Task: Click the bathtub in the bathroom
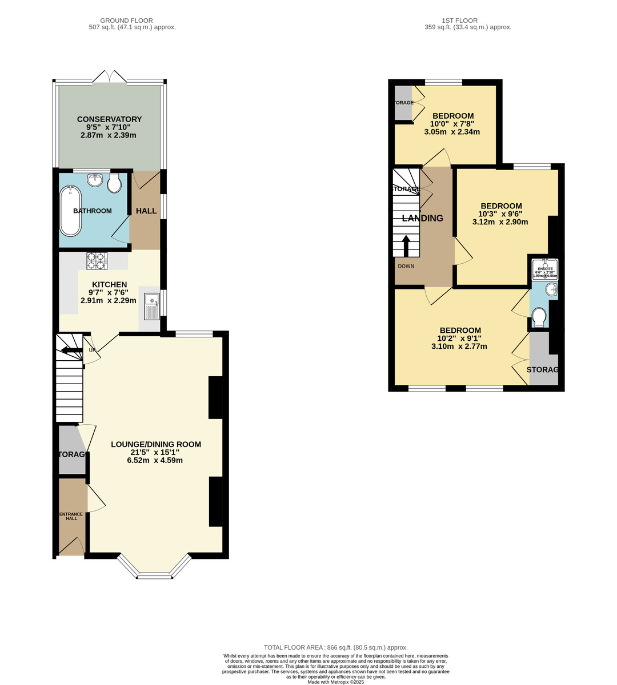(71, 211)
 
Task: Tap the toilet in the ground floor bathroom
(115, 183)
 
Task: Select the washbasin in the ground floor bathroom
(95, 180)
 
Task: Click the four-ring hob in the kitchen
(97, 261)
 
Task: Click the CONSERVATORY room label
(109, 119)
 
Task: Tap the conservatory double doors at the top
(109, 78)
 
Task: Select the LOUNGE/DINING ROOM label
(156, 444)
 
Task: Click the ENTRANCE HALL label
(71, 516)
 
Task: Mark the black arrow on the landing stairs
(406, 246)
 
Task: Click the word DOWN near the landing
(406, 266)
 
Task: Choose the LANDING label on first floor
(423, 218)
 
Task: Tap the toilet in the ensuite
(539, 316)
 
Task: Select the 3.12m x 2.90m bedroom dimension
(500, 222)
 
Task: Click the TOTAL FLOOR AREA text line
(335, 647)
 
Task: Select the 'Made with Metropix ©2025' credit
(335, 682)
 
